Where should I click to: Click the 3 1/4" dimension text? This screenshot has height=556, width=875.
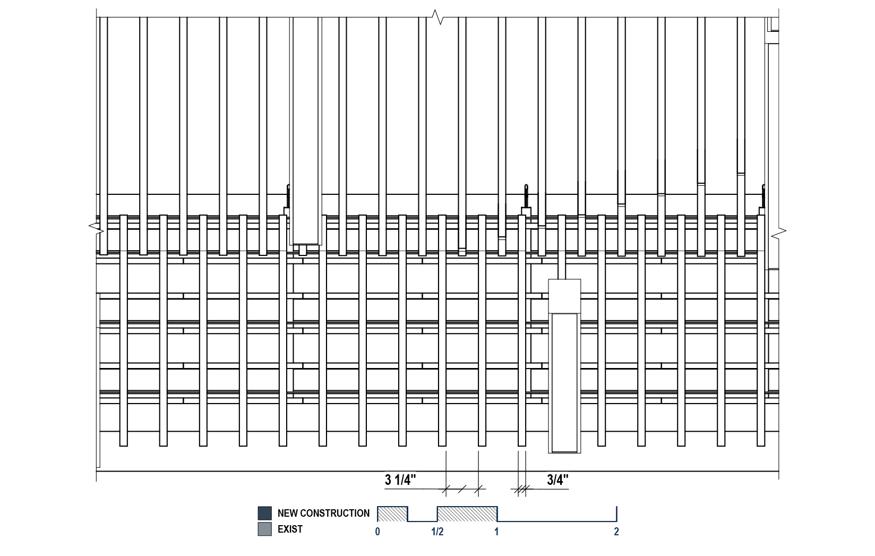point(400,480)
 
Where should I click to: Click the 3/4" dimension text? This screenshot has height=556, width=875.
point(557,480)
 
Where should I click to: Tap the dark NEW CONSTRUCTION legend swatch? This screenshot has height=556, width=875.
point(264,513)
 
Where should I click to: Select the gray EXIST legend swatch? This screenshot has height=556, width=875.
point(264,529)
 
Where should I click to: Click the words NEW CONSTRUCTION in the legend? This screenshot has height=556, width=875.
point(323,513)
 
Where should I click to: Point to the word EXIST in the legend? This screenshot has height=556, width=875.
point(290,529)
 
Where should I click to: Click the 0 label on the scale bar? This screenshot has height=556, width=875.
point(378,532)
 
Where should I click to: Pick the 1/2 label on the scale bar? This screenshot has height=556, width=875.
point(437,532)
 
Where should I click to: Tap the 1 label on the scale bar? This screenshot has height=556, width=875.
point(497,532)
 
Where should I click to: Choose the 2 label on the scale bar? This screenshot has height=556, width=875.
point(616,532)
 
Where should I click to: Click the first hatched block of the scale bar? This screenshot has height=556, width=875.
point(392,514)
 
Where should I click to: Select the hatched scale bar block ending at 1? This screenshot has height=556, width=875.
point(467,514)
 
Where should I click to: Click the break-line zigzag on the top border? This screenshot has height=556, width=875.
point(437,17)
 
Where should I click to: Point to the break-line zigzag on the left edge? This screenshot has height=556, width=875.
point(97,229)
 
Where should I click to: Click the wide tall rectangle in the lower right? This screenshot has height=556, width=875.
point(564,382)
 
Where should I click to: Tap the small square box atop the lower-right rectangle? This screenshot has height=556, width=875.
point(564,296)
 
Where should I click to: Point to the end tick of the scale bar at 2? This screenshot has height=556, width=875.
point(616,514)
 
